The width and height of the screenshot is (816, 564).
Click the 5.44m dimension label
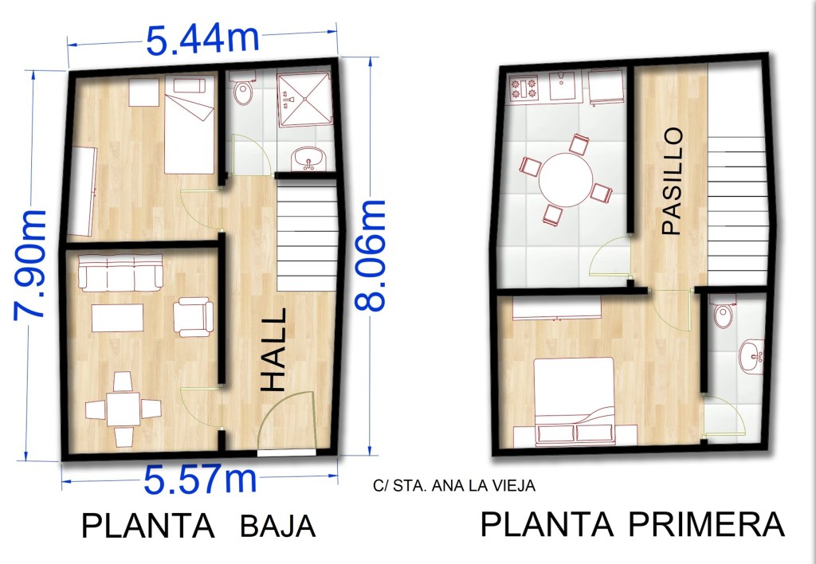tap(202, 39)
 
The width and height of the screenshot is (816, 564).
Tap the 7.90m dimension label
tap(29, 264)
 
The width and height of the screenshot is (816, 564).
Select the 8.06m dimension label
tap(370, 256)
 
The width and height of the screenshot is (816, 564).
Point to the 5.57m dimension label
tap(200, 480)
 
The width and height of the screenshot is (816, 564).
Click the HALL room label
tap(274, 350)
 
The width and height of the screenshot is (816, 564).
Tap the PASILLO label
tap(672, 181)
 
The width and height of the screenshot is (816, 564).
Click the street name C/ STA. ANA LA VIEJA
tap(453, 485)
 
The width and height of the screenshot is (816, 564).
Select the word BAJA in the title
tap(278, 526)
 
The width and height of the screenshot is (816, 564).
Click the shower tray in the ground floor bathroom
tap(304, 100)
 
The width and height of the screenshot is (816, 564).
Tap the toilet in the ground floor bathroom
tap(242, 89)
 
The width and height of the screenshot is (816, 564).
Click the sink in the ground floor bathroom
tap(308, 159)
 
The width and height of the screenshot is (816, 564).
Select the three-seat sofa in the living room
tap(120, 272)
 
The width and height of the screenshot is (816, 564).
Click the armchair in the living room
tap(193, 316)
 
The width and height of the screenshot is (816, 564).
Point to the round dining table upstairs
tap(566, 179)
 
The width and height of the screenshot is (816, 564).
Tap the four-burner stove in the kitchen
tap(523, 88)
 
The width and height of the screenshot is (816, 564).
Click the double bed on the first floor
tap(574, 401)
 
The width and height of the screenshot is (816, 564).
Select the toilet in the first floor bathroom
tap(723, 311)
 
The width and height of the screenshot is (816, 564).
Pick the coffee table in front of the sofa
tap(118, 318)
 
